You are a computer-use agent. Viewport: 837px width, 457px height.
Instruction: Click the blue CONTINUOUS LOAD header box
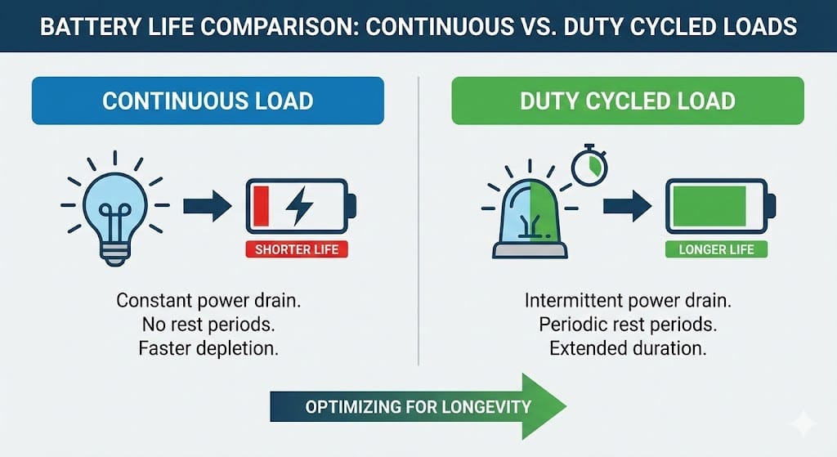[x=208, y=101]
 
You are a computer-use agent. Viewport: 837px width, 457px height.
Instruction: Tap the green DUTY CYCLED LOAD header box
[x=627, y=101]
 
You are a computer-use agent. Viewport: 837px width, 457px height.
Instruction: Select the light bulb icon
[x=114, y=205]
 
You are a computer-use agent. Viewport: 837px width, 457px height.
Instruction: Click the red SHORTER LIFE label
[x=297, y=249]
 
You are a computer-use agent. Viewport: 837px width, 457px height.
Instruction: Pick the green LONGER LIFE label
[x=716, y=249]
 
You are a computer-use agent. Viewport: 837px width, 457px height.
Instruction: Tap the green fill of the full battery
[x=708, y=205]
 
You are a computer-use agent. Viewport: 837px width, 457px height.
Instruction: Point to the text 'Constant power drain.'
[x=208, y=300]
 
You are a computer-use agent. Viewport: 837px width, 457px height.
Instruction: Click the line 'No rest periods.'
[x=208, y=325]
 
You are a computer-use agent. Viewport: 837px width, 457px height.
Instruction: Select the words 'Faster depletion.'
[x=208, y=349]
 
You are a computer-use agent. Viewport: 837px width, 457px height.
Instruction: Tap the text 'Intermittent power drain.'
[x=627, y=300]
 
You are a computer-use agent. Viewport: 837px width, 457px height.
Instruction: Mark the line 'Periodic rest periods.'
[x=627, y=325]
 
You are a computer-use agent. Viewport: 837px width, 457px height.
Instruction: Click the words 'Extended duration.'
[x=627, y=349]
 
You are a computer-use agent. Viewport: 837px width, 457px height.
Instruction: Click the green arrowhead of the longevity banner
[x=544, y=405]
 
